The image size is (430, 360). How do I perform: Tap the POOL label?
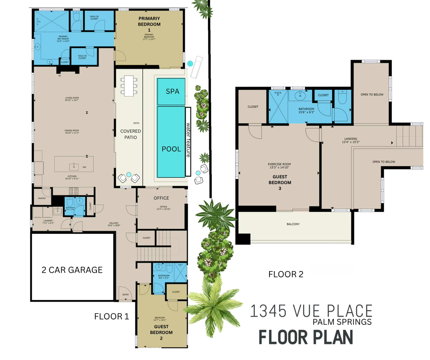pos(171,149)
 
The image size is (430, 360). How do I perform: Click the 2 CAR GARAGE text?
pos(72,270)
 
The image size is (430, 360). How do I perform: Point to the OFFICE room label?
pos(161,198)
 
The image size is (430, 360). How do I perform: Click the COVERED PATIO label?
pos(131,134)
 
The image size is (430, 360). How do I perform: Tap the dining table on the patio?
pos(129,86)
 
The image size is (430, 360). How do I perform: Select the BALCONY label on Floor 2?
pos(293,224)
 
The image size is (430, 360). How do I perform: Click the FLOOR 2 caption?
pos(286,274)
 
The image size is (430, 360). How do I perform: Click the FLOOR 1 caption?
pos(111,316)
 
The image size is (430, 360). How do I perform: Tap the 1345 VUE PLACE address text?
pos(311,311)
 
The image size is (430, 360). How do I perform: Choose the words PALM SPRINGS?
pos(342,322)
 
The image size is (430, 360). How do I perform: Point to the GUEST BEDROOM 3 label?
pos(279,183)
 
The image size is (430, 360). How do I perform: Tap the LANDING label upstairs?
pos(351,139)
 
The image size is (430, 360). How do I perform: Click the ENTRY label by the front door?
pos(125,295)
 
